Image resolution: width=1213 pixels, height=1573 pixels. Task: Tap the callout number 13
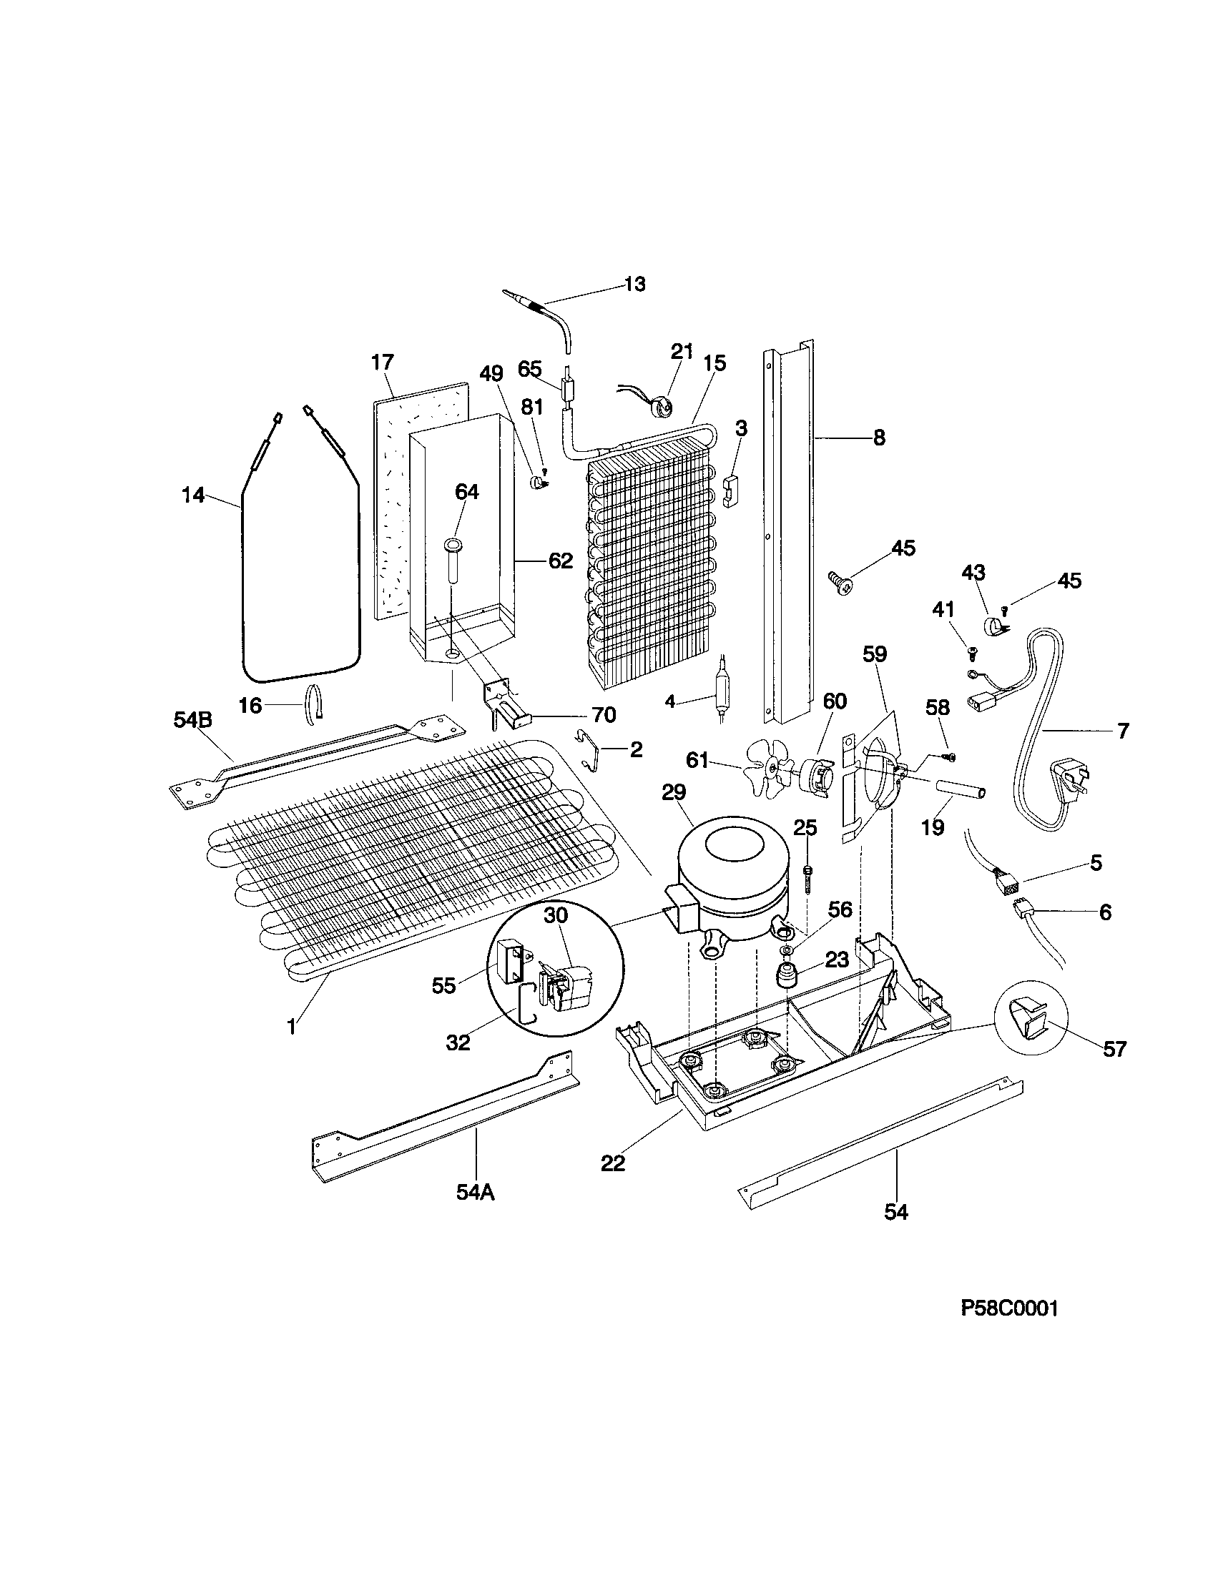coord(634,284)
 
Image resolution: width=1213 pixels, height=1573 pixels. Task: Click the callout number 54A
coord(476,1193)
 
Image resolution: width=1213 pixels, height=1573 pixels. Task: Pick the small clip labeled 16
coord(315,701)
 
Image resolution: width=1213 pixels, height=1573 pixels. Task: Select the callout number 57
coord(1114,1050)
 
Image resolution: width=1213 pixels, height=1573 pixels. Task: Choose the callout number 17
coord(383,363)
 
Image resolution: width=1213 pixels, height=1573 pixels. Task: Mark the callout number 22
coord(613,1163)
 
